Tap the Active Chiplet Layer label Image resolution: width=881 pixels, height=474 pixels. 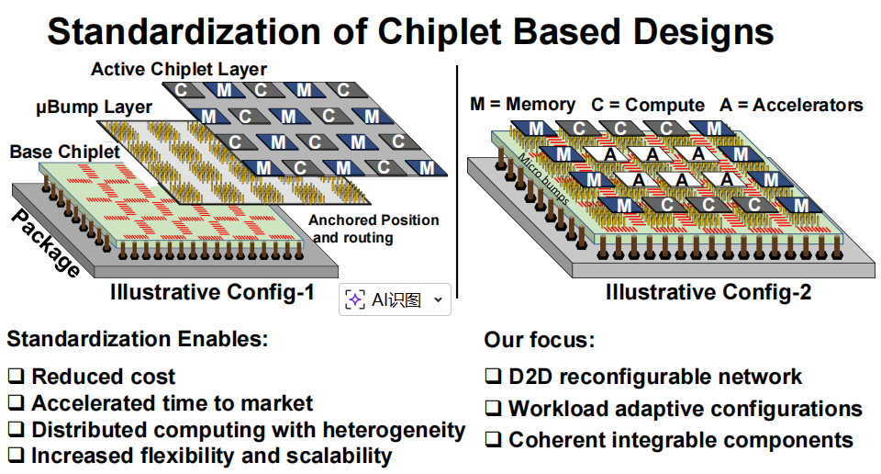click(x=179, y=70)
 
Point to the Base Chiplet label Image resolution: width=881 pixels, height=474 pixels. click(x=65, y=152)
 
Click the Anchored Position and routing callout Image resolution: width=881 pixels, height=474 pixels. click(x=373, y=229)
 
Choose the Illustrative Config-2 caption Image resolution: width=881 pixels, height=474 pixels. click(x=708, y=293)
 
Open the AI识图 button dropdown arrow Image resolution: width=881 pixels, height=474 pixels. click(x=438, y=300)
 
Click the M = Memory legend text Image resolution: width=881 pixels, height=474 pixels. click(x=523, y=105)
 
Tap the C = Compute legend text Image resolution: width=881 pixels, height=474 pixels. click(x=648, y=105)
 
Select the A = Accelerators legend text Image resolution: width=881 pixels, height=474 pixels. click(x=791, y=105)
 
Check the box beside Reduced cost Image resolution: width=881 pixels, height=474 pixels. click(x=17, y=377)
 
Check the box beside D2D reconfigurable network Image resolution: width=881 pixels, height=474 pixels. click(x=493, y=377)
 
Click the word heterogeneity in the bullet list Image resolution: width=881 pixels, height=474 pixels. click(x=397, y=430)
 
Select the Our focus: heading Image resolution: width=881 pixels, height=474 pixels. click(x=539, y=341)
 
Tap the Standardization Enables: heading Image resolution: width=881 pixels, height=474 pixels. click(x=138, y=339)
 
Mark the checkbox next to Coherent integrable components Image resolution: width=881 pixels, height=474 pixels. click(x=493, y=441)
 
